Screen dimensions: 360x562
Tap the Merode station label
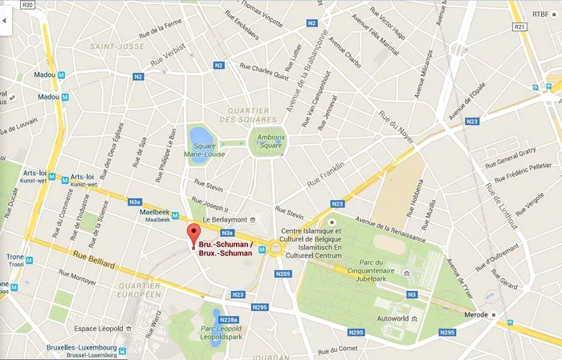click(x=478, y=314)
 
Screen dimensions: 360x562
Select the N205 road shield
click(x=282, y=274)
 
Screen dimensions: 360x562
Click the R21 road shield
click(x=520, y=27)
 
